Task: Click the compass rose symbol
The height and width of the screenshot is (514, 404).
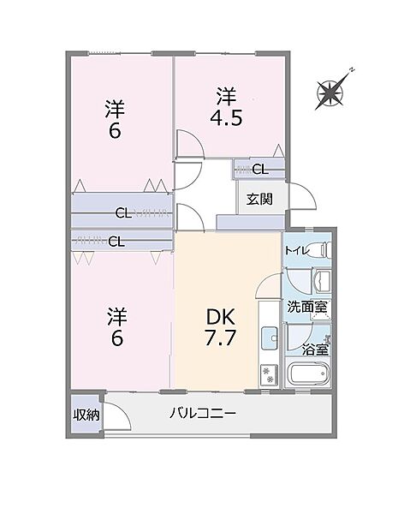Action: tap(331, 90)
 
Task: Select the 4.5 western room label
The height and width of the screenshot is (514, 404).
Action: tap(228, 105)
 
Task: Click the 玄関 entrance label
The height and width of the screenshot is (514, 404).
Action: tap(259, 200)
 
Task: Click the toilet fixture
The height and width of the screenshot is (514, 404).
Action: tap(318, 251)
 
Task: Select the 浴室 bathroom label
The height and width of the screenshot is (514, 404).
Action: tap(314, 349)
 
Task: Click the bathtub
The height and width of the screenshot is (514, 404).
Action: tap(309, 374)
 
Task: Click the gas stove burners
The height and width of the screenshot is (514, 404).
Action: tap(267, 374)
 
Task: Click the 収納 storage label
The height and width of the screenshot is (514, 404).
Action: tap(86, 415)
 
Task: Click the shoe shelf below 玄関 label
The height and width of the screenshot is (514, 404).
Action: tap(250, 221)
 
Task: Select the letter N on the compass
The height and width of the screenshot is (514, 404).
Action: tap(352, 69)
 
